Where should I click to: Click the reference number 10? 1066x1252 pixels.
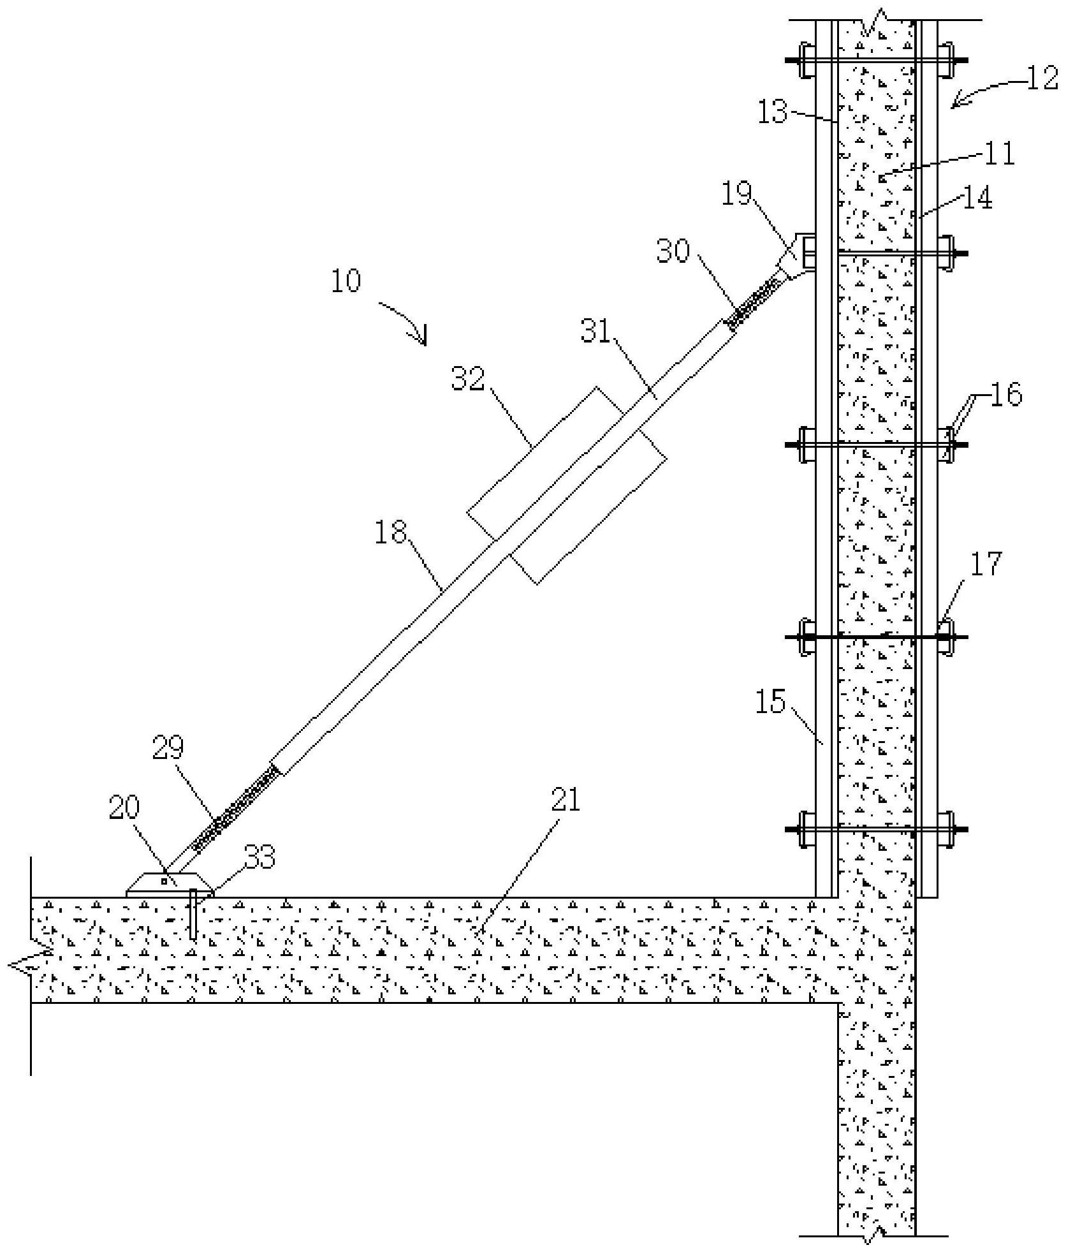pos(346,281)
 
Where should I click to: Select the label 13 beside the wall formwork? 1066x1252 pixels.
pos(773,113)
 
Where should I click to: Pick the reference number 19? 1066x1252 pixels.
pos(737,193)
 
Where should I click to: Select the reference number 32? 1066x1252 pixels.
pos(469,379)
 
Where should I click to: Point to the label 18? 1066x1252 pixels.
pos(390,531)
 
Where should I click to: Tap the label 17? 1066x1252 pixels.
pos(986,564)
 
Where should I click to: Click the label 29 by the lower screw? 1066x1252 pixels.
pos(168,747)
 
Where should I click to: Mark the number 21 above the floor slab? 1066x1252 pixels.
pos(566,799)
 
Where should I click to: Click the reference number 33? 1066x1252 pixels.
pos(258,858)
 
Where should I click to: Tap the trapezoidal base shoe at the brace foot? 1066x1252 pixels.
pos(170,885)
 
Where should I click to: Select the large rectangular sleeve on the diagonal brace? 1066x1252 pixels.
pos(567,485)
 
